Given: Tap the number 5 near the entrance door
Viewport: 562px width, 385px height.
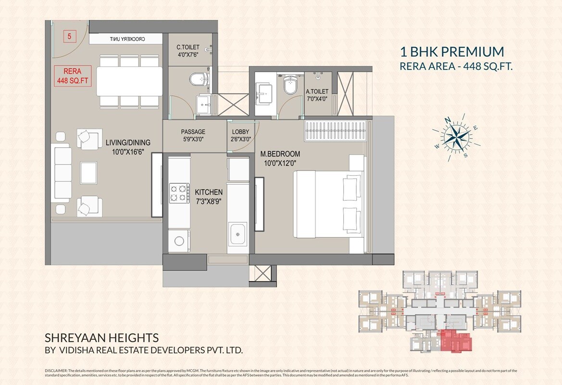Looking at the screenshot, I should click(70, 36).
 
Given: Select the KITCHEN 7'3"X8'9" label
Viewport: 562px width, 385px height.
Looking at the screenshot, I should click(209, 197).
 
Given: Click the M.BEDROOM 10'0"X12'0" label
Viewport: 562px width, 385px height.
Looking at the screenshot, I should click(280, 158).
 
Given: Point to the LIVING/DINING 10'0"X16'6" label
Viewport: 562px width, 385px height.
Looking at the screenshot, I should click(128, 147).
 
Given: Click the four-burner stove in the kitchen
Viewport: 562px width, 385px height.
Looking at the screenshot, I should click(179, 193).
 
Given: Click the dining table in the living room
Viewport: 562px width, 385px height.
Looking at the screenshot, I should click(129, 81).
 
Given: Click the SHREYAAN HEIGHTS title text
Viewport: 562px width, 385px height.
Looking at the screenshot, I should click(101, 338).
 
